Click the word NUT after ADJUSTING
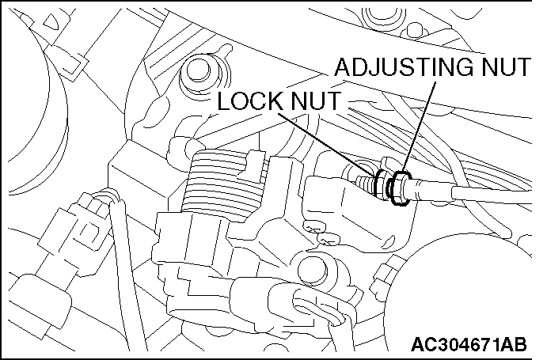coord(503,69)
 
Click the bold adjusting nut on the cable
coord(401,189)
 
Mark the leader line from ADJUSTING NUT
coord(419,127)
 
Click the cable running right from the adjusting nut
coord(475,194)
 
